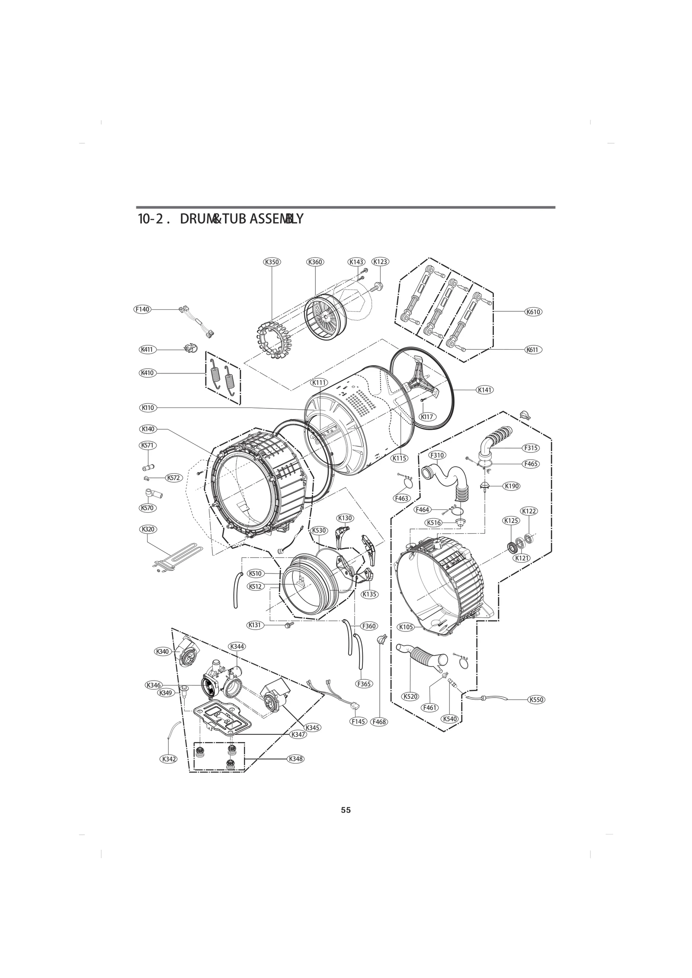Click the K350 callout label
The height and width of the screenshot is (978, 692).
point(272,261)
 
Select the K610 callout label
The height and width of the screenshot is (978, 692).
point(533,312)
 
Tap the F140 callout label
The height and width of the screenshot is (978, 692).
point(142,309)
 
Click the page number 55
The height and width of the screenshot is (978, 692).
point(346,810)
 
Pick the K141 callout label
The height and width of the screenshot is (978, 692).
point(485,390)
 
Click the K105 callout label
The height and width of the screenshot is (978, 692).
point(406,627)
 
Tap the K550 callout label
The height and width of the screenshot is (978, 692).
point(536,700)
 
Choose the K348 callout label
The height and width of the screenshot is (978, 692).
point(295,758)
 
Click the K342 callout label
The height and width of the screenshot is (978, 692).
point(168,759)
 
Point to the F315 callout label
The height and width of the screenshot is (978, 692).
point(531,448)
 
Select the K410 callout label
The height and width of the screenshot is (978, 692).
point(147,373)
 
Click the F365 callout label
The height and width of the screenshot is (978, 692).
point(364,684)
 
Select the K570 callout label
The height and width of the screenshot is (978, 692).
point(147,508)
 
